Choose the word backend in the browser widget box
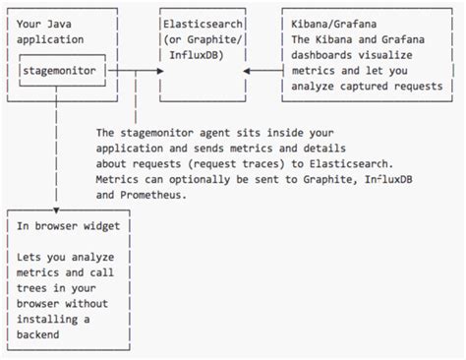pos(42,334)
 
